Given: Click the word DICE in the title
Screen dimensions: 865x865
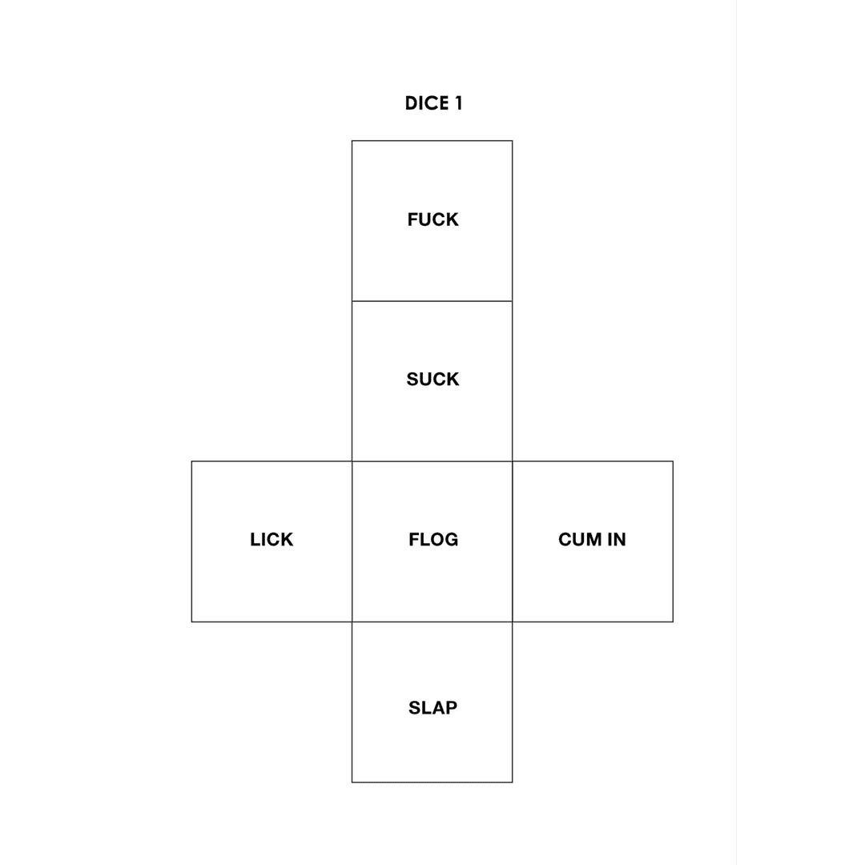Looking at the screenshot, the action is click(426, 103).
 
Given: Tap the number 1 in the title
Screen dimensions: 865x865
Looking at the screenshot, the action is click(458, 103).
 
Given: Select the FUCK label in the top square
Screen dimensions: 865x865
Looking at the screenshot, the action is click(432, 219).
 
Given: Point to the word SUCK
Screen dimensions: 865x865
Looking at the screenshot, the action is click(432, 379).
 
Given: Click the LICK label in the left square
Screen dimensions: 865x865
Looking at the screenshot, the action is click(272, 539).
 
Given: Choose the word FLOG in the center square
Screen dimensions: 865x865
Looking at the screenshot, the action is click(433, 539).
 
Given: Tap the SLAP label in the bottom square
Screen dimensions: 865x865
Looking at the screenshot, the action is click(432, 708).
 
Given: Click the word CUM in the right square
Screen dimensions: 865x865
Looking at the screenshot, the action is click(580, 539).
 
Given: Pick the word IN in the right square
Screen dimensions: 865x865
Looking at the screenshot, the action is click(617, 539).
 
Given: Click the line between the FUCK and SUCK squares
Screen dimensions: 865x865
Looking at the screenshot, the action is click(432, 301).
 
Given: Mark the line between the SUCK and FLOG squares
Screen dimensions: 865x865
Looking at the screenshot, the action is click(432, 461).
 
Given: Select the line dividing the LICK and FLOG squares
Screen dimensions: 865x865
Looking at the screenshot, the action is click(352, 541).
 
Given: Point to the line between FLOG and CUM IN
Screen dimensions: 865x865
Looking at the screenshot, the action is click(513, 541).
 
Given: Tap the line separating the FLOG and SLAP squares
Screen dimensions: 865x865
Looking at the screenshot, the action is click(432, 622).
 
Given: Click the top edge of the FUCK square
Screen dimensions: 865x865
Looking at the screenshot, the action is click(432, 141).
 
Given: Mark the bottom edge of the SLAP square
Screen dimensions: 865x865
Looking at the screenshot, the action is click(432, 783).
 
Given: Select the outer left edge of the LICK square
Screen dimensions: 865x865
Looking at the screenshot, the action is click(191, 541).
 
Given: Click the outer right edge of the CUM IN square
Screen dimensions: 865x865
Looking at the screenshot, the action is click(673, 541).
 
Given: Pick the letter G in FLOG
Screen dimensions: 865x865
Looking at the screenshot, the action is click(451, 539).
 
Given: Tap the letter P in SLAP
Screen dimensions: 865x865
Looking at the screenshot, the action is click(451, 708).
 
